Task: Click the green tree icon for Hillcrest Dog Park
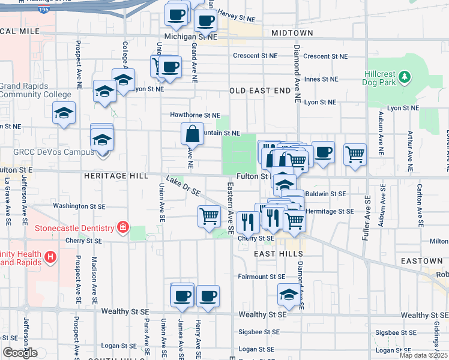[x=405, y=76]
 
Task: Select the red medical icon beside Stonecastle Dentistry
[x=123, y=227]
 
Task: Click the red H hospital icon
[x=50, y=257]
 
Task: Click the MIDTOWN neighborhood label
[x=292, y=32]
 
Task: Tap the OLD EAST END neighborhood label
[x=260, y=91]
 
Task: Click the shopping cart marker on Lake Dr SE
[x=209, y=215]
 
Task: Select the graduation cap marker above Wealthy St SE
[x=289, y=295]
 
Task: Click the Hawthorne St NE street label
[x=195, y=115]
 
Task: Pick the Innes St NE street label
[x=320, y=79]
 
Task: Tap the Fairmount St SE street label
[x=261, y=277]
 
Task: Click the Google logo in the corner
[x=19, y=353]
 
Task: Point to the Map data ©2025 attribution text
[x=423, y=355]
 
